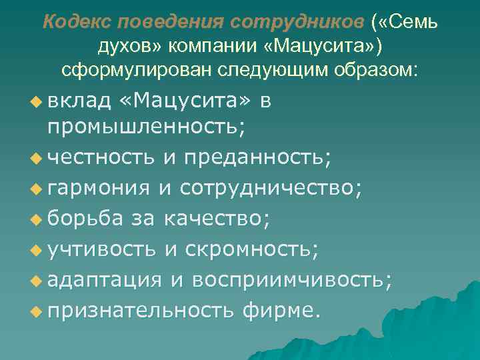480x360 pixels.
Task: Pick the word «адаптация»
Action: click(105, 279)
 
